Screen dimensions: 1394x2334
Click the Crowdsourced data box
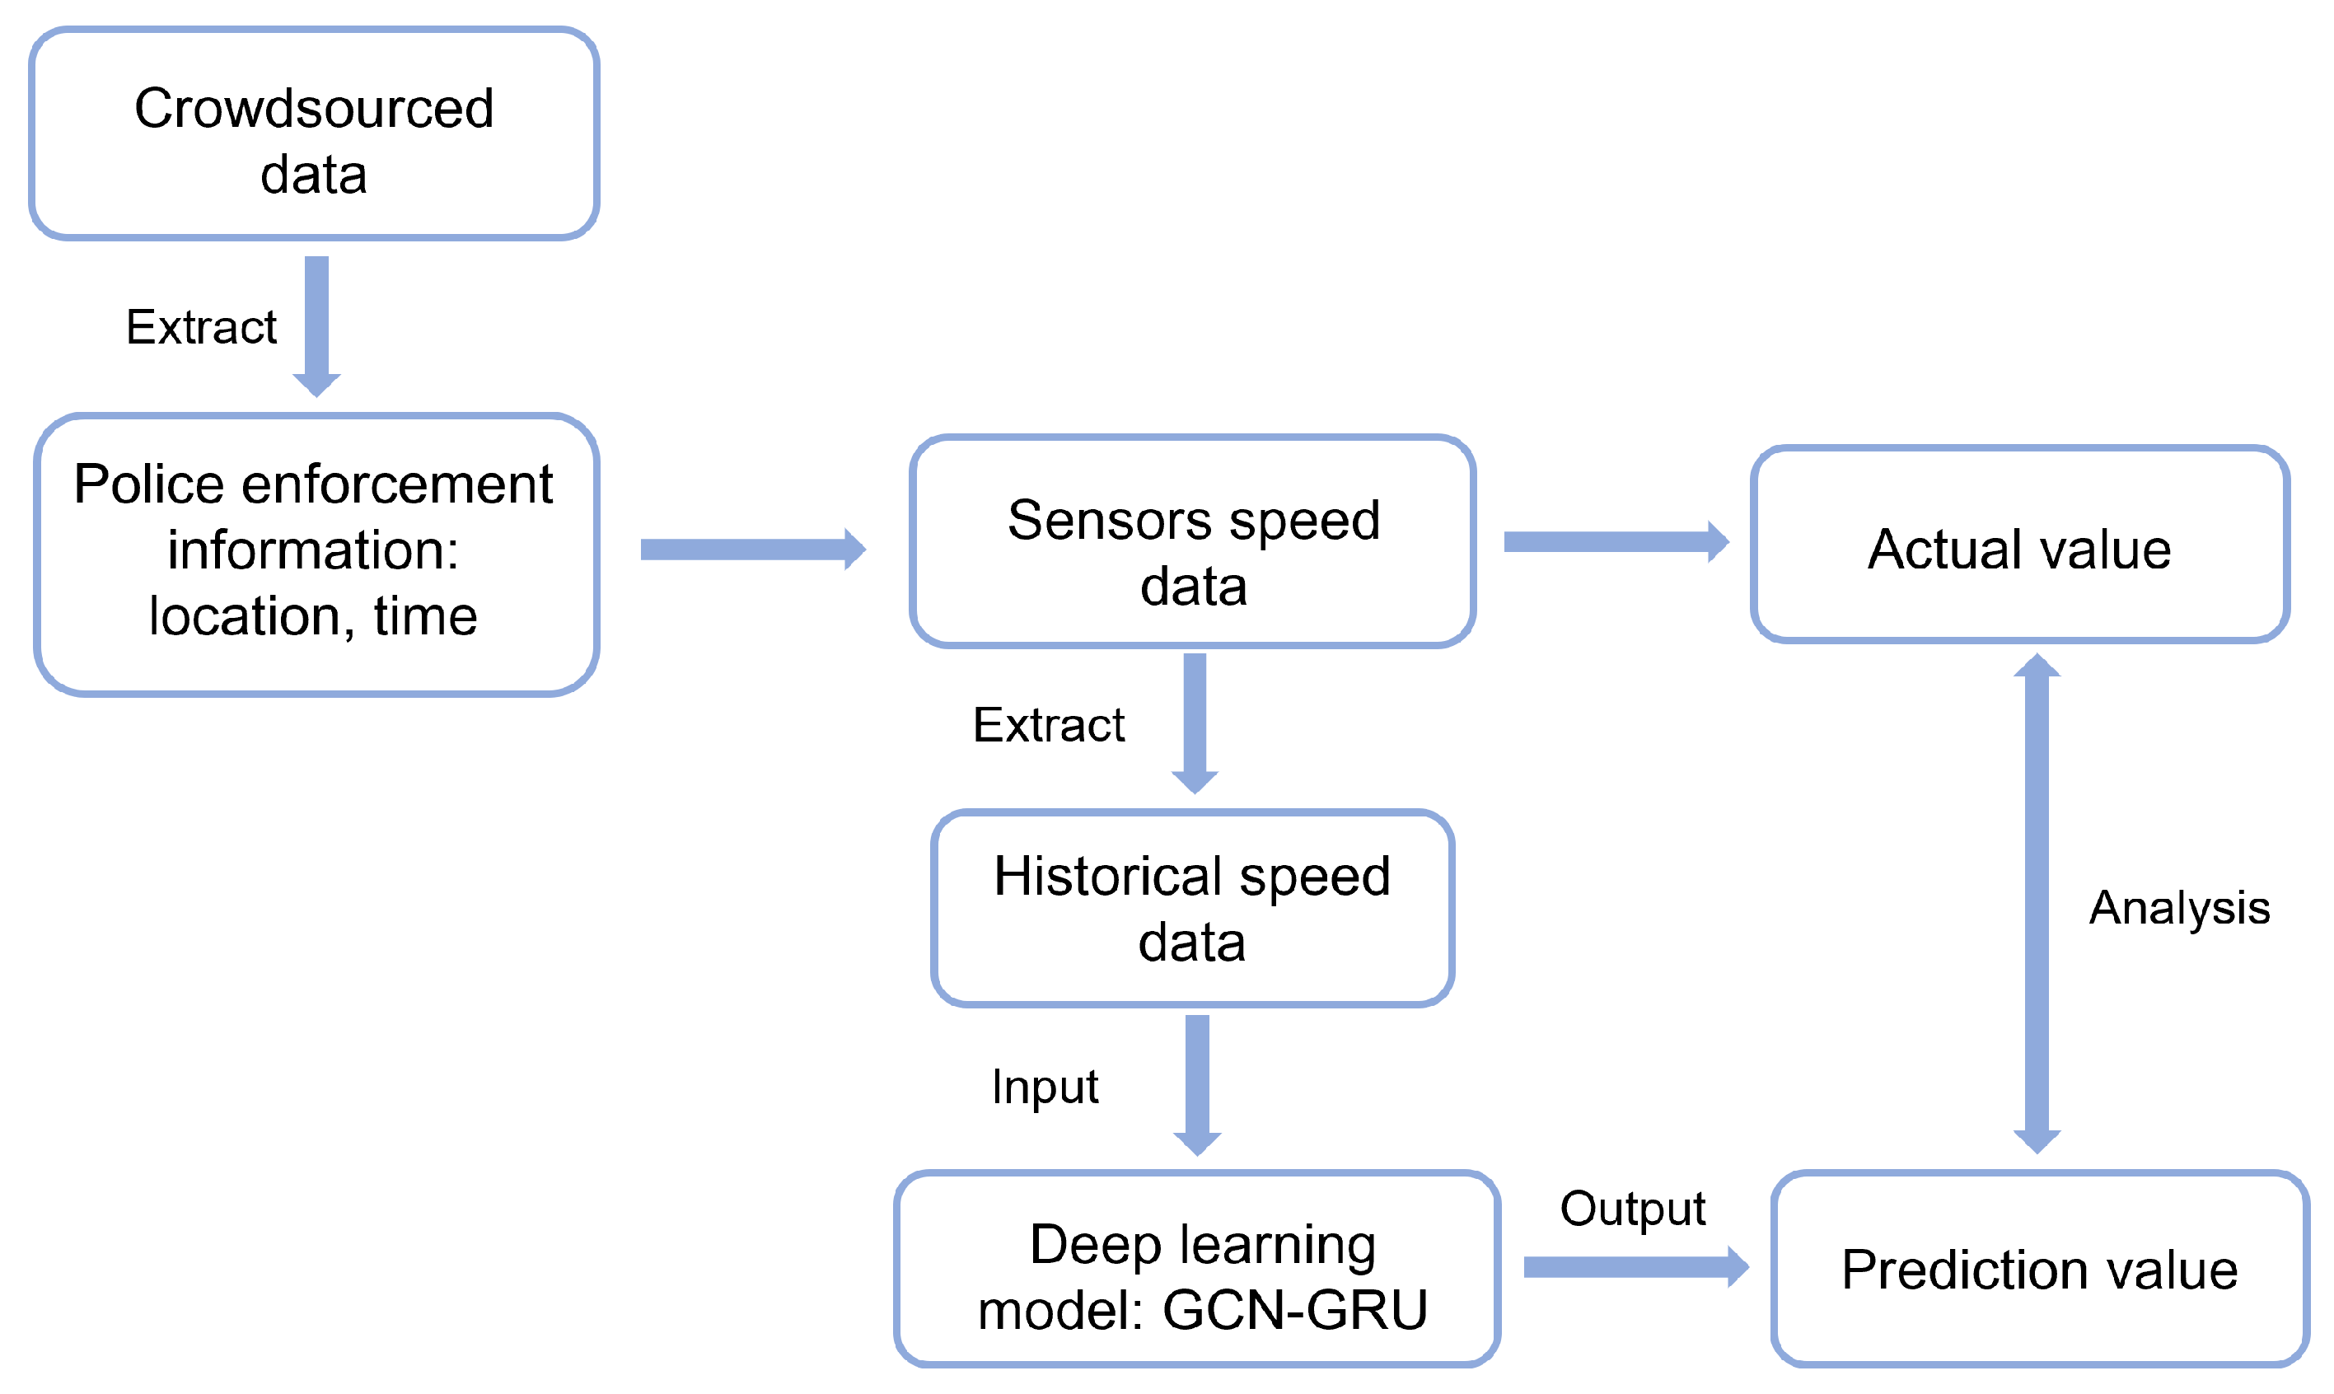pos(314,133)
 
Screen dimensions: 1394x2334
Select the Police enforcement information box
pos(316,554)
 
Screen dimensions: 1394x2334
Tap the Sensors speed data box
pos(1192,542)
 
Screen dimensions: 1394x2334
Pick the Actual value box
pos(2019,545)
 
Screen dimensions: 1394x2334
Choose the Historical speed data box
pos(1192,909)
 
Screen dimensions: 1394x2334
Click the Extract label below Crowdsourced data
pos(201,327)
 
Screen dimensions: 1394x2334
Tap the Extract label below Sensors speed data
pos(1048,724)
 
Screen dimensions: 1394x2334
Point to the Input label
pos(1045,1087)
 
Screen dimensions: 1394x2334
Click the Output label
pos(1632,1208)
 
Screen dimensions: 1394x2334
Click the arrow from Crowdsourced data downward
pos(316,324)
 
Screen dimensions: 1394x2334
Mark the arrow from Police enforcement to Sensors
pos(751,550)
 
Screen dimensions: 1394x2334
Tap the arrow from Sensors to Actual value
pos(1615,542)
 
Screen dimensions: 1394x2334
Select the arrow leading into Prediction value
pos(1635,1267)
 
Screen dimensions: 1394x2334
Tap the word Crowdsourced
pos(314,108)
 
